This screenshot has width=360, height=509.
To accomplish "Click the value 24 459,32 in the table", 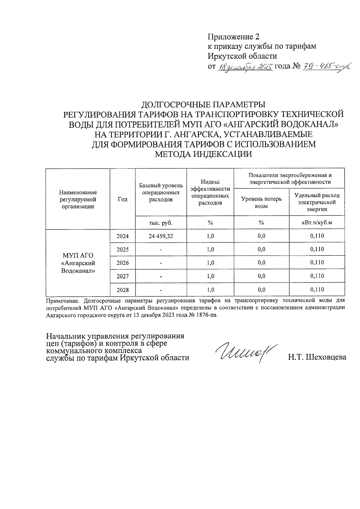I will coord(161,236).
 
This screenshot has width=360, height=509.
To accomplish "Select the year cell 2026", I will coord(122,263).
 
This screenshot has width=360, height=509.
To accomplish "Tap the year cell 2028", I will coord(122,290).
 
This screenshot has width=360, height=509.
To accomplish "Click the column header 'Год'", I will coord(122,199).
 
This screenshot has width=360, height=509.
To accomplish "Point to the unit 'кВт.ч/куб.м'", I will coord(317,223).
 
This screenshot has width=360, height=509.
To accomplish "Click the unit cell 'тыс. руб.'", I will coord(161,223).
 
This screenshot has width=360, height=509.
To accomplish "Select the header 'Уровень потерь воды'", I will coord(261,202).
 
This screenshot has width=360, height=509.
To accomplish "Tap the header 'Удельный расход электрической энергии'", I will coord(317,202).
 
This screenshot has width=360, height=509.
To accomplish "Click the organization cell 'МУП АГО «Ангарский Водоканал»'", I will coord(78,263).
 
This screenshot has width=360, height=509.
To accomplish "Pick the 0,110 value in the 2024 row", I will coord(317,236).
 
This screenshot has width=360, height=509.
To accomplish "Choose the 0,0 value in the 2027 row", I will coord(261,276).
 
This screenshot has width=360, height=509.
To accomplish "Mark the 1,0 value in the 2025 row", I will coord(210,250).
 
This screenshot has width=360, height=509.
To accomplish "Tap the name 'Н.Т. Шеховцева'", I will coord(317,357).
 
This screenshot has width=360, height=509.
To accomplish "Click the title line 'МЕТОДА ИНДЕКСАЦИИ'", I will coord(203,154).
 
